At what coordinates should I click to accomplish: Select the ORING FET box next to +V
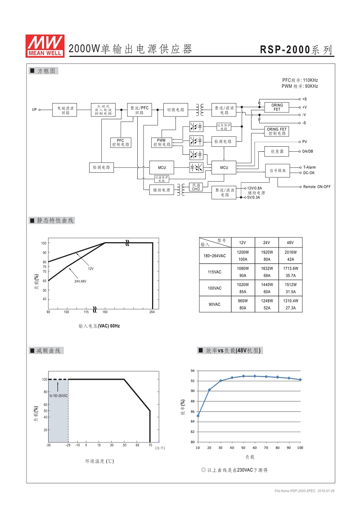[277, 108]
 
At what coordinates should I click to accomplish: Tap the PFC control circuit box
[121, 143]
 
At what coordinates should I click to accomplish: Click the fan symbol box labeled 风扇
[196, 187]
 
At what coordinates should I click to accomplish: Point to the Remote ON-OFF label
[316, 187]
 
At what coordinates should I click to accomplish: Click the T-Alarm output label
[309, 167]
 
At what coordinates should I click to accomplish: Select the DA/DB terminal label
[308, 152]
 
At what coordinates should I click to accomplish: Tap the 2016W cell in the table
[290, 252]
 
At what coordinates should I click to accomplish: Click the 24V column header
[266, 243]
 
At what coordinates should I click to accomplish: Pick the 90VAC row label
[215, 305]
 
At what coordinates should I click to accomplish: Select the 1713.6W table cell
[290, 268]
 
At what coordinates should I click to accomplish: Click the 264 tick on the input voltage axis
[152, 312]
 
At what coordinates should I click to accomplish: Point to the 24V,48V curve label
[80, 281]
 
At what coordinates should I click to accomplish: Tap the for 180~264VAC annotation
[58, 396]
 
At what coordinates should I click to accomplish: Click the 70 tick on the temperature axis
[150, 445]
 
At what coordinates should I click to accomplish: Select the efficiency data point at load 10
[198, 415]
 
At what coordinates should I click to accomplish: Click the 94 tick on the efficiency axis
[192, 371]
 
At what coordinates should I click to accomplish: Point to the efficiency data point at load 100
[300, 379]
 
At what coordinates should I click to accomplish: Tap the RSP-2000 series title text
[297, 50]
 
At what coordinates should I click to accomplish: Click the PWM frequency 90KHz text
[300, 86]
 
